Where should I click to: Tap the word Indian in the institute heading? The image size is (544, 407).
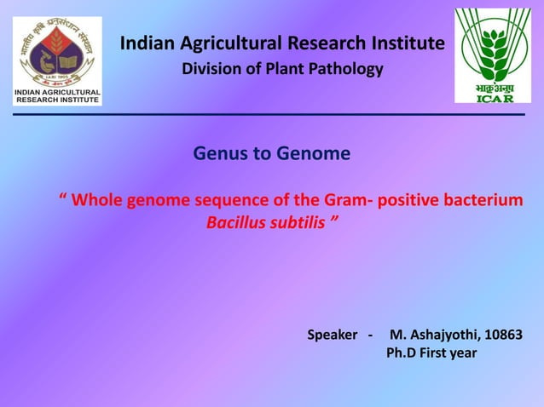tap(145, 43)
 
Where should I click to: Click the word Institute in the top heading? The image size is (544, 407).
tap(408, 43)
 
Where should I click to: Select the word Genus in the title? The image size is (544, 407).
tap(217, 154)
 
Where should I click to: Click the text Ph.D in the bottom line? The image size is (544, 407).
tap(403, 353)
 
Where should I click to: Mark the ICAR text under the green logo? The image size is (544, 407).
tap(494, 98)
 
